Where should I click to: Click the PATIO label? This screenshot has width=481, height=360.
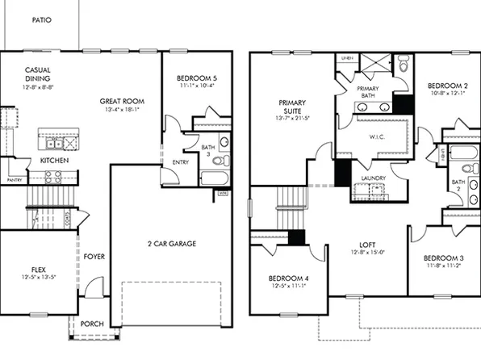coord(42,19)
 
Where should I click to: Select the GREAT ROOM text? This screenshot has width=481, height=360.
coord(121,102)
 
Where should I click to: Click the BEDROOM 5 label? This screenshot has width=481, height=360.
coord(197,79)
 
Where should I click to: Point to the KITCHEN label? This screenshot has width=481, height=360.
coord(54,161)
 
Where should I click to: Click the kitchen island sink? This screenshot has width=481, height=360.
coord(55,144)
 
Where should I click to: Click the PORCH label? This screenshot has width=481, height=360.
coord(92,324)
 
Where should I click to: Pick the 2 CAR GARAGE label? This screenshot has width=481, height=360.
coord(172,243)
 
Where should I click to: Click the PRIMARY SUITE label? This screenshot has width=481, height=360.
coord(291,108)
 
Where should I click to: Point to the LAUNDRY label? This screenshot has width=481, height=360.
coord(373,178)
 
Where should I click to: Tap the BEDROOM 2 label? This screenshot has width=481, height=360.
coord(448,86)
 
